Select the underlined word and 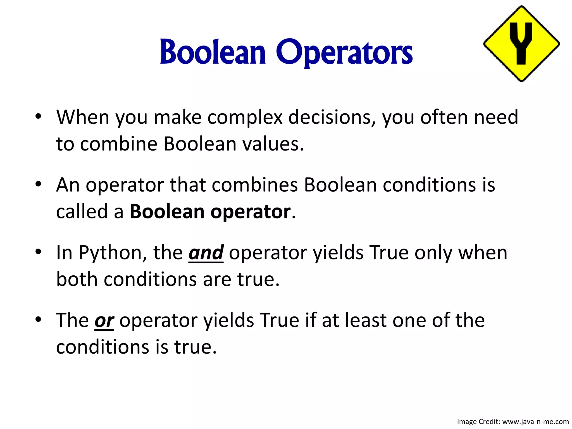click(x=206, y=253)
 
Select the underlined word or click(x=104, y=321)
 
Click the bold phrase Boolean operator click(x=210, y=212)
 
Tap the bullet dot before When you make click(x=38, y=116)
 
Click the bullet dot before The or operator click(x=38, y=319)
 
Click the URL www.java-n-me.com click(x=535, y=421)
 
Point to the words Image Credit click(x=478, y=421)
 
